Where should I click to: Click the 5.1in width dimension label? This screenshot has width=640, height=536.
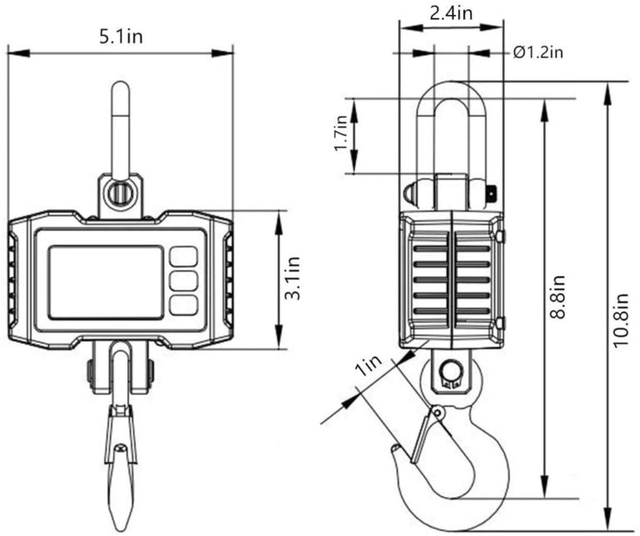pos(121,37)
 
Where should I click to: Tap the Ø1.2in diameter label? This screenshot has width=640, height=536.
pos(538,53)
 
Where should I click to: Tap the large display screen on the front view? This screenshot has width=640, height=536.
pos(105,282)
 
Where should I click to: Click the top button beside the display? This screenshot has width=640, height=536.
pos(183,256)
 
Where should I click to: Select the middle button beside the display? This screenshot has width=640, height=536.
pos(183,280)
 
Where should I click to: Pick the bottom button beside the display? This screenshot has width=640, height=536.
pos(183,305)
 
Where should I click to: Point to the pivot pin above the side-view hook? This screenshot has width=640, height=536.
pos(452,368)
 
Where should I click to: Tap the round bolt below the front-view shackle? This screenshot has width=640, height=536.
pos(121,193)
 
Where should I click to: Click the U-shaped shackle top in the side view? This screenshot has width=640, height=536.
pos(451,92)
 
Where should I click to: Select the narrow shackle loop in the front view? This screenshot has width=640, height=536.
pos(121,125)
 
